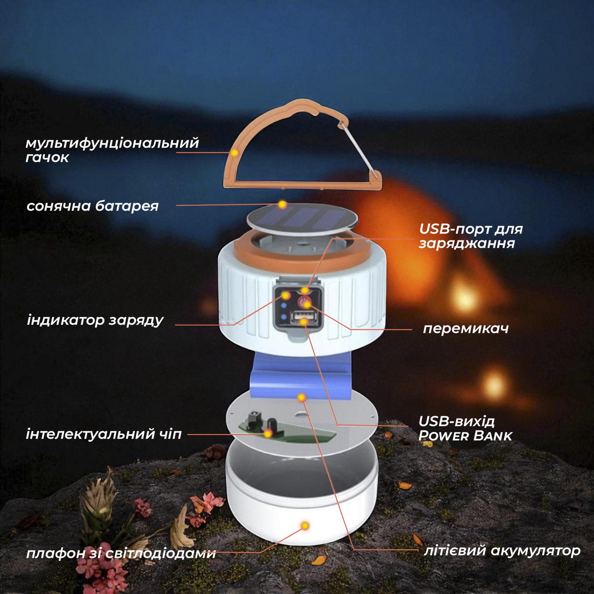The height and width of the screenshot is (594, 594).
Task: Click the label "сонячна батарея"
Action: click(93, 206)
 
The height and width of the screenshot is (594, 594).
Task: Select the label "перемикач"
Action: click(466, 329)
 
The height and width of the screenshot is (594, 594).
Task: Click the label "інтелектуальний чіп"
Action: click(104, 434)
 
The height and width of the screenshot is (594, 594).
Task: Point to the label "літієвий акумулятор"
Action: click(502, 550)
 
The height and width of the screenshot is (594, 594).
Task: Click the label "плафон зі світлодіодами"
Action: click(121, 553)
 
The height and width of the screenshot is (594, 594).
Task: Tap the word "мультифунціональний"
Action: click(112, 143)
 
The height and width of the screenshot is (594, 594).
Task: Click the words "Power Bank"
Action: click(466, 436)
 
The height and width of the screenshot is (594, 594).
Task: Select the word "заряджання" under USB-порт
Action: click(467, 244)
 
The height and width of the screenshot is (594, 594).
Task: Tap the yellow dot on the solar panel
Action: click(282, 205)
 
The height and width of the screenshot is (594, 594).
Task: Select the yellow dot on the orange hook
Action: click(235, 152)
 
